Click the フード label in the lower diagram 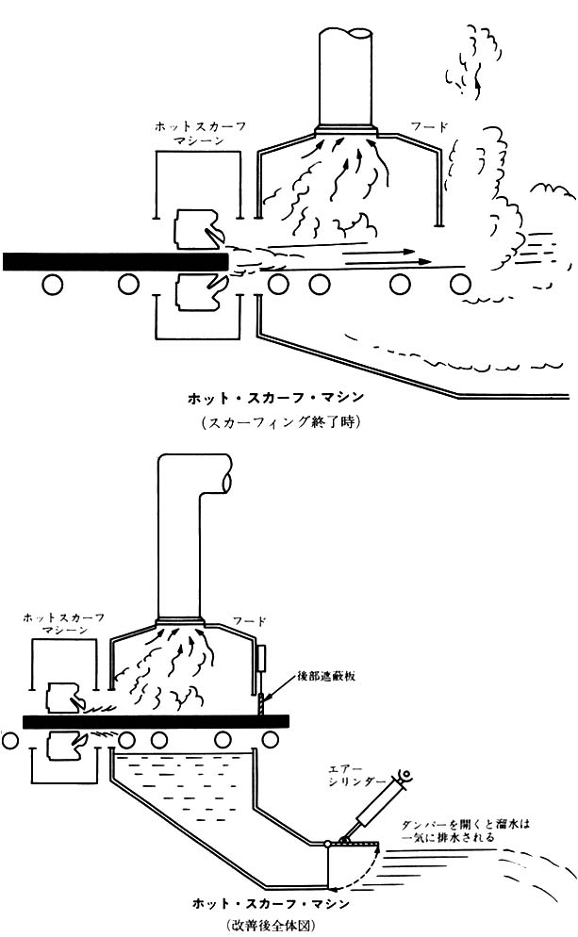(252, 621)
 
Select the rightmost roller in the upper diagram (460, 283)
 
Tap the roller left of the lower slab (10, 741)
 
